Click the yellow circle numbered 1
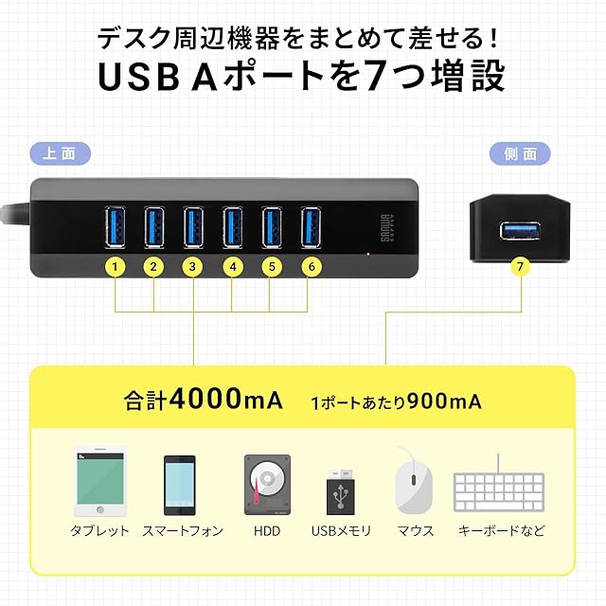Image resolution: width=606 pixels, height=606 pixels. point(115,267)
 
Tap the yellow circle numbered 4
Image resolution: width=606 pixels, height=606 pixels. point(233,267)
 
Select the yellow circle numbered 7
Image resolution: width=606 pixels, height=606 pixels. point(520,266)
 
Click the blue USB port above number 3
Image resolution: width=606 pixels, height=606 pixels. point(193,227)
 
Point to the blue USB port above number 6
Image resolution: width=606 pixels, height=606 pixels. point(312,227)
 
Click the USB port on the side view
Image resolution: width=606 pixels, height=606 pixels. point(520,231)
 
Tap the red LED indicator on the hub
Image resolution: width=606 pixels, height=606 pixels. point(368,254)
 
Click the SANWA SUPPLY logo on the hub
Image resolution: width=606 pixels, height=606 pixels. point(387,228)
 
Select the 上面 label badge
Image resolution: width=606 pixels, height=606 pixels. point(61,153)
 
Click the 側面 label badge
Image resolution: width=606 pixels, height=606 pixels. point(520,153)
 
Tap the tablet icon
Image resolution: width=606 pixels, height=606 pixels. point(100,482)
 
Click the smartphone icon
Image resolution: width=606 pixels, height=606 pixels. point(180,486)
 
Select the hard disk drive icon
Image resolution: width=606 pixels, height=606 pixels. point(267,485)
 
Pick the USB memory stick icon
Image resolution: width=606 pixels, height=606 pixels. point(341,492)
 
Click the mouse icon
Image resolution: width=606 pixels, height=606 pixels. point(413,481)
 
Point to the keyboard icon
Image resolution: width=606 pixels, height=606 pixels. point(499,488)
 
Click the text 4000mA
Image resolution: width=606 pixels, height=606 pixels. point(226,399)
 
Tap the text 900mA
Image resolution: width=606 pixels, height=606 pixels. point(444,401)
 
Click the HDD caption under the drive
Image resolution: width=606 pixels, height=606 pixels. point(267,531)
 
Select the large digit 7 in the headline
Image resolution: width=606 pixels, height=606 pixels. point(376,76)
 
